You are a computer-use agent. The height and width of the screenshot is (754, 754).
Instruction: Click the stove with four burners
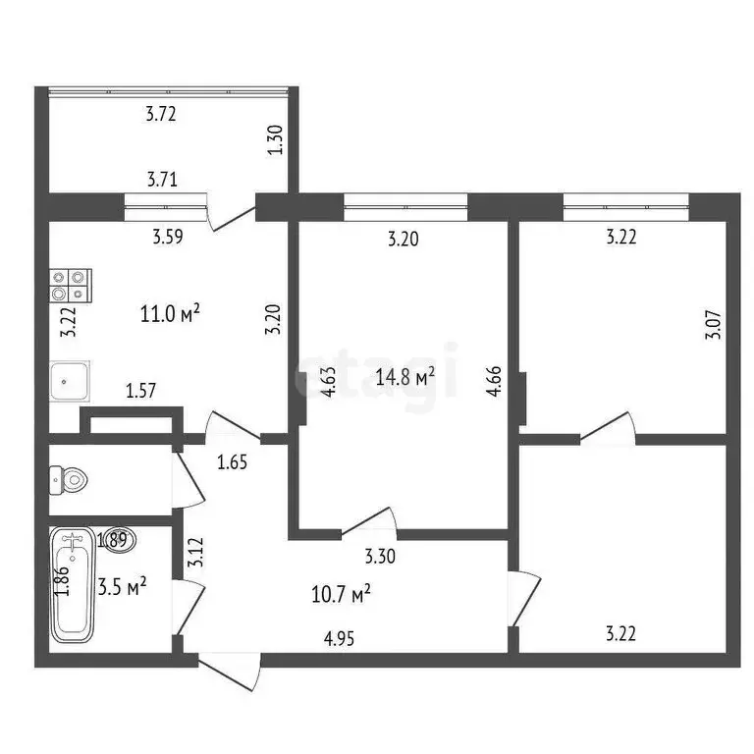point(70,285)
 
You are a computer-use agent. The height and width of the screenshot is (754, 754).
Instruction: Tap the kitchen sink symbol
point(70,380)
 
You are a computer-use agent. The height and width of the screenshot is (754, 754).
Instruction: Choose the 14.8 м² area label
point(405,376)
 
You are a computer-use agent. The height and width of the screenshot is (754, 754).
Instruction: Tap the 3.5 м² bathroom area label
point(123,587)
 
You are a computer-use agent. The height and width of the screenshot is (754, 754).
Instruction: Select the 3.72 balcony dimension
point(161,115)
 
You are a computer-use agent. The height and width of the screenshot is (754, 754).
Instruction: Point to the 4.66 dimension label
point(493,380)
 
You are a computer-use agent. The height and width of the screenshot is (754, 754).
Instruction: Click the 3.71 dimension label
point(162,180)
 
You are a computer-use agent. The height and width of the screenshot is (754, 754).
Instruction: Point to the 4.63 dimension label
point(331,380)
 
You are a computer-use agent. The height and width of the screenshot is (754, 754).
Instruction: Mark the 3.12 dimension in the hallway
point(196,555)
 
